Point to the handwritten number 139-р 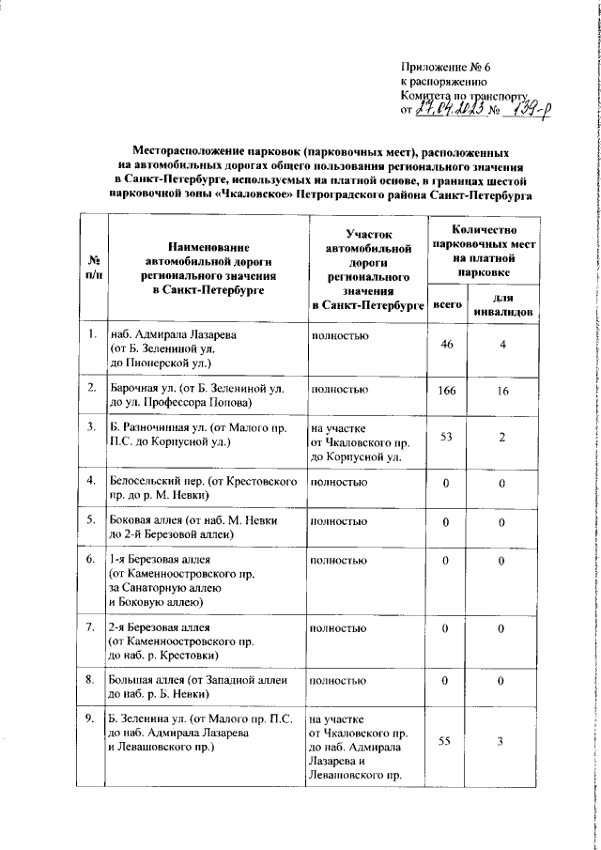point(529,111)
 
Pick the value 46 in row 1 point(446,346)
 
